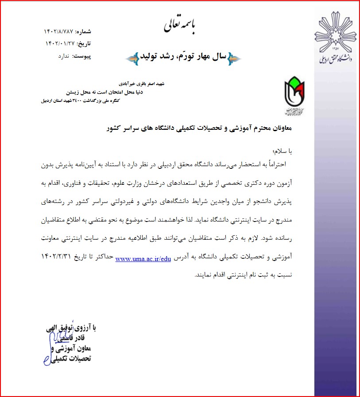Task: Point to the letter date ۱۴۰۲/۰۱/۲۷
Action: click(x=60, y=43)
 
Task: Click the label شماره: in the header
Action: click(x=83, y=31)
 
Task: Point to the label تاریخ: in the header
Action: click(x=83, y=43)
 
